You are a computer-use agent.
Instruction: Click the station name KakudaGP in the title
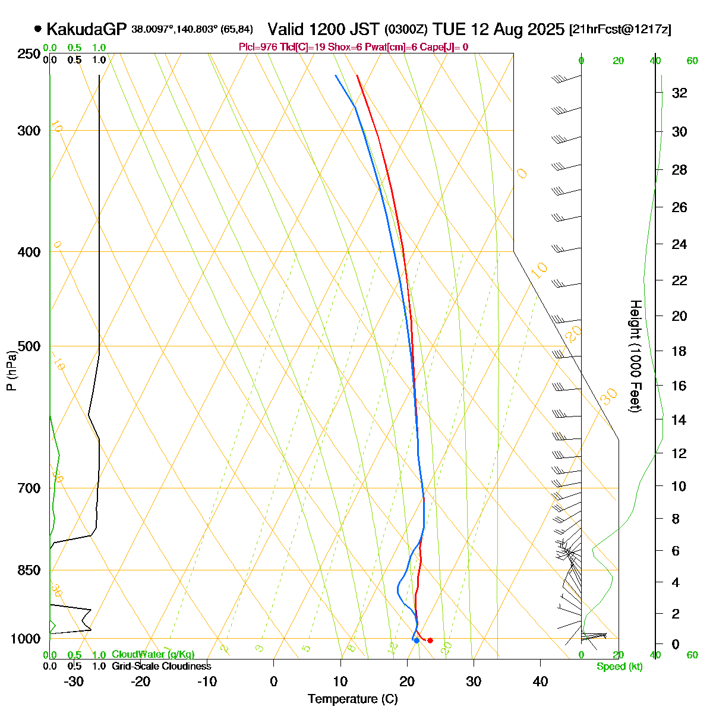[86, 29]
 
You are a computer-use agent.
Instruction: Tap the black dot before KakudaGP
[38, 29]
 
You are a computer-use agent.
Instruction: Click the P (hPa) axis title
[11, 370]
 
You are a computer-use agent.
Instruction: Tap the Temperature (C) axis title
[352, 699]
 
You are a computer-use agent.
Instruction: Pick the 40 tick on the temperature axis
[540, 682]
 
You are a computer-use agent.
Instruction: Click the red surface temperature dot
[430, 640]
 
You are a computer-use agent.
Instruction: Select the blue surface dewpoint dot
[417, 640]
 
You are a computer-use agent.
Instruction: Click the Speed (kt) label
[620, 667]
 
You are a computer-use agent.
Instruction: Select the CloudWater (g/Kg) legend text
[153, 654]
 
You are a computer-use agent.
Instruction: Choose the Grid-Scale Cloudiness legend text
[161, 666]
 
